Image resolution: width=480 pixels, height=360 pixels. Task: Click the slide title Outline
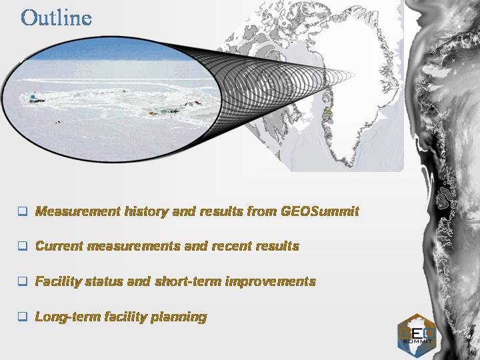(x=56, y=18)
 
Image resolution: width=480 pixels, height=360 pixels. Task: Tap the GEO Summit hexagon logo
(x=416, y=335)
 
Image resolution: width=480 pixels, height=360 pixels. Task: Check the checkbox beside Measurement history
(x=23, y=211)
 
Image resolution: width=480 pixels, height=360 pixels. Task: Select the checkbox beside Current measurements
(x=23, y=246)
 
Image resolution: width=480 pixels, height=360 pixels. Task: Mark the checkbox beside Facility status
(x=23, y=281)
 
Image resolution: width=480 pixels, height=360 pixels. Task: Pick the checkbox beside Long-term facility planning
(x=23, y=316)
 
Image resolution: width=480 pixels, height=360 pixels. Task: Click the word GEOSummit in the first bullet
(x=320, y=211)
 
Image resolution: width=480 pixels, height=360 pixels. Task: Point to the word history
(x=146, y=211)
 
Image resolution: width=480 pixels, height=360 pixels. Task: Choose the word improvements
(x=270, y=282)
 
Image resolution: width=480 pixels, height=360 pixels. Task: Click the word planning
(x=179, y=317)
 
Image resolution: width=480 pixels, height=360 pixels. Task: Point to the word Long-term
(x=67, y=317)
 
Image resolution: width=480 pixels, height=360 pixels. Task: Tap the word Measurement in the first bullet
(x=78, y=211)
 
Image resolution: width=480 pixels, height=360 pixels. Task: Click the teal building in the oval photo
(x=33, y=97)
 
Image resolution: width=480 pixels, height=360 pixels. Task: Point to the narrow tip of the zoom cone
(x=354, y=75)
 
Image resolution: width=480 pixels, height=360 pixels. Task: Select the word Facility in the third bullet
(x=59, y=282)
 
